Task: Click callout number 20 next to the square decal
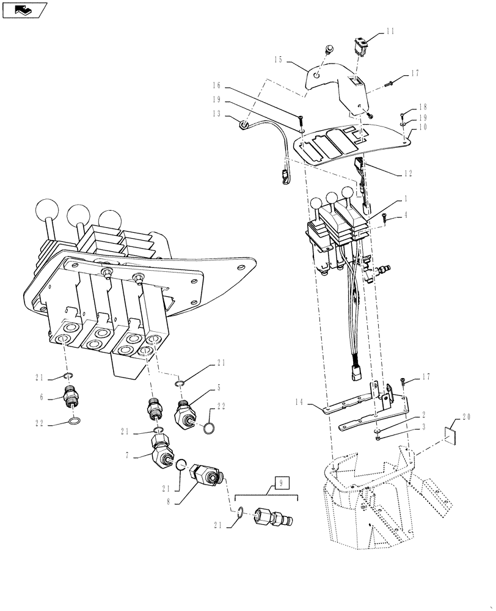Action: tap(467, 417)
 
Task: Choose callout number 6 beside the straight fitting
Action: tap(42, 397)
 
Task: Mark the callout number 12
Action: tap(407, 173)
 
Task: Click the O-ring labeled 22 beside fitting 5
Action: tap(207, 430)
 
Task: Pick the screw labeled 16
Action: tap(301, 120)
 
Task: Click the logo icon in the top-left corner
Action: tap(25, 10)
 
